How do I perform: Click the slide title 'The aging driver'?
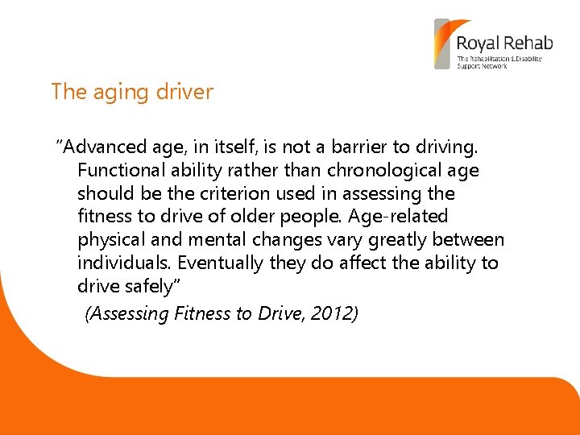pos(132,92)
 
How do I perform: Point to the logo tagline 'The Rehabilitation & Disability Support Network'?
pos(499,62)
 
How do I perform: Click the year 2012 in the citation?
pos(333,314)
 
